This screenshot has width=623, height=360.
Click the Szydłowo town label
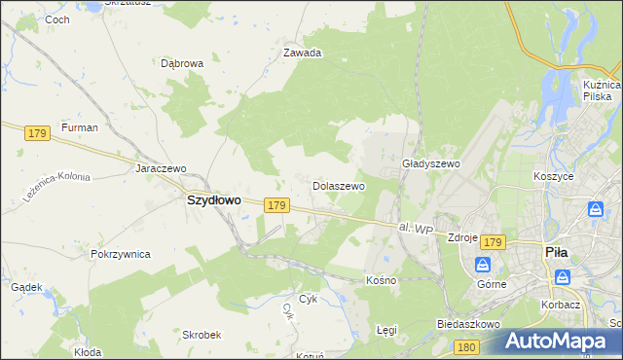click(x=213, y=199)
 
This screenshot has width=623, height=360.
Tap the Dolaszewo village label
click(x=338, y=185)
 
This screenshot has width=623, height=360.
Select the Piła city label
click(x=556, y=252)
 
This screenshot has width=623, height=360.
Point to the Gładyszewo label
click(x=430, y=164)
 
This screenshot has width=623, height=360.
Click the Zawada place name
click(x=302, y=54)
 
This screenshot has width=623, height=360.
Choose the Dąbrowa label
click(x=181, y=63)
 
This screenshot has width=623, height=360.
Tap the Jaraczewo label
click(x=161, y=167)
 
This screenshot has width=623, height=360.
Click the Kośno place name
click(x=381, y=280)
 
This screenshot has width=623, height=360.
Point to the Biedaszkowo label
click(x=468, y=324)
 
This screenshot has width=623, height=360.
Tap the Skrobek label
click(x=202, y=334)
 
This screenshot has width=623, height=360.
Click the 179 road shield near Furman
click(x=38, y=132)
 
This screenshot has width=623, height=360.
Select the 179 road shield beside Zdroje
click(x=493, y=242)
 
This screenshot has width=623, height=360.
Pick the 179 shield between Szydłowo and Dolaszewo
click(x=276, y=205)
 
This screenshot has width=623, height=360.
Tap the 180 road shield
click(x=467, y=346)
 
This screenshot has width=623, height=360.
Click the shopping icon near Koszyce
click(x=596, y=209)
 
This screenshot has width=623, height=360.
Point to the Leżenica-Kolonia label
click(x=60, y=178)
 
